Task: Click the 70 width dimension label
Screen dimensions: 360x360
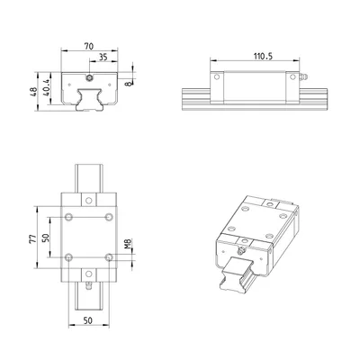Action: click(x=89, y=46)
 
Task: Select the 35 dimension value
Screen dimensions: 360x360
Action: click(x=103, y=57)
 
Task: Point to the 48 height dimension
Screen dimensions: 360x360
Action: click(x=34, y=92)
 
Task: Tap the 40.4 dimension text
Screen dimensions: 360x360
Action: click(x=46, y=87)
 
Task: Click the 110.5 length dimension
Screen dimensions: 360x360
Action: click(x=263, y=56)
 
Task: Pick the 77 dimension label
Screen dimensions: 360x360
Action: click(x=32, y=238)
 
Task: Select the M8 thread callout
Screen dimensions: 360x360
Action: click(x=128, y=244)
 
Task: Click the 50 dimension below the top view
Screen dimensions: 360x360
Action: click(x=88, y=320)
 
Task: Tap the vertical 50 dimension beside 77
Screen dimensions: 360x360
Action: click(x=46, y=238)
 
